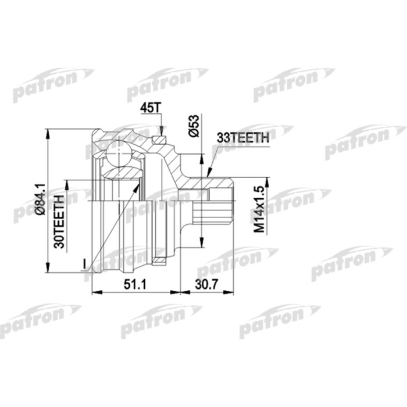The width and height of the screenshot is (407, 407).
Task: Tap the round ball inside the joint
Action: pos(118,154)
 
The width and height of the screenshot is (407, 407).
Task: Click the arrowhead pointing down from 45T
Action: pos(161,132)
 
